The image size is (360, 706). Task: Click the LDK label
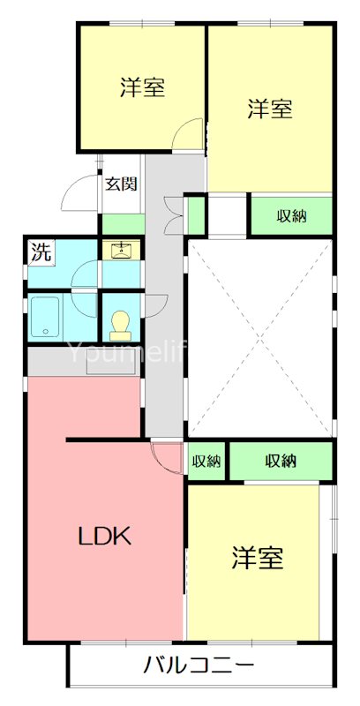[105, 536]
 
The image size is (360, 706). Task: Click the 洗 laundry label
[41, 252]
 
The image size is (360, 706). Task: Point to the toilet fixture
[121, 327]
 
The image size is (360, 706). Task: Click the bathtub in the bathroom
[45, 318]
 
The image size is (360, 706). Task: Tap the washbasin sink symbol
[121, 250]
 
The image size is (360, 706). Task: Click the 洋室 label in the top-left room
[143, 88]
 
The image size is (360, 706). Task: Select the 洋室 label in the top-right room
[269, 109]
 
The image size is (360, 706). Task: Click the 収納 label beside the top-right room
[291, 215]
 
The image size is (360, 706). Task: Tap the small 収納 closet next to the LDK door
[206, 461]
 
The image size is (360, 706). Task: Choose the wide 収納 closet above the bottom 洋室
[281, 461]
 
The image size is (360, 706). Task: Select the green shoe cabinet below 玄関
[122, 223]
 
